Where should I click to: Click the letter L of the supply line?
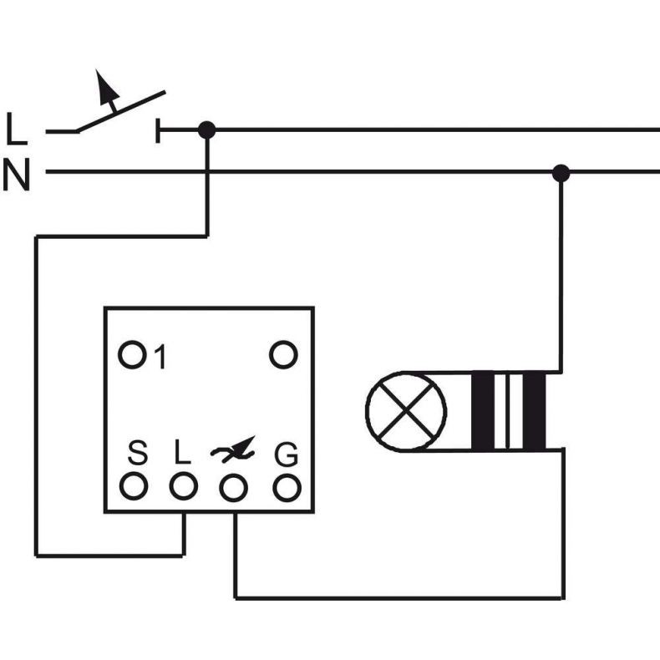[17, 129]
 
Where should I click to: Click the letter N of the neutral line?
[17, 175]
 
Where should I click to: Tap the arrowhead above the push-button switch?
[105, 86]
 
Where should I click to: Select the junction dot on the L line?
[206, 130]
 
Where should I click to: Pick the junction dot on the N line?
[561, 174]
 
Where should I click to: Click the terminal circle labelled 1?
[132, 355]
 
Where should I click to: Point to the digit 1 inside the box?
[160, 357]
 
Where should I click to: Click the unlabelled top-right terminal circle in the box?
[283, 355]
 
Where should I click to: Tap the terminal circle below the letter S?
[134, 486]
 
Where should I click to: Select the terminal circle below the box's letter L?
[184, 486]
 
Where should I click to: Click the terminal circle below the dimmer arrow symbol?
[234, 488]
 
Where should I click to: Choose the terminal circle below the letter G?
[287, 488]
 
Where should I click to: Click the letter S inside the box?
[138, 453]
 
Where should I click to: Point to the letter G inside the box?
[287, 454]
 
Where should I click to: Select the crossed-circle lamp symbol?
[406, 411]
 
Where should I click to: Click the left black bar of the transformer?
[483, 411]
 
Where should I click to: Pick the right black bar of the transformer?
[534, 411]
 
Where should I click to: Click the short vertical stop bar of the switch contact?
[158, 130]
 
